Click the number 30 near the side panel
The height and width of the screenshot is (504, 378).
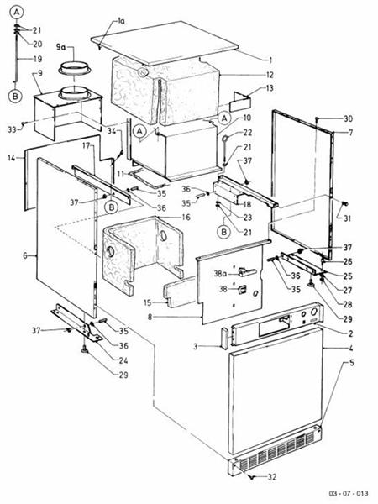(348, 118)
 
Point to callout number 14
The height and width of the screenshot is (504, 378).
(12, 157)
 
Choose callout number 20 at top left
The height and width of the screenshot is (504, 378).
(37, 43)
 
